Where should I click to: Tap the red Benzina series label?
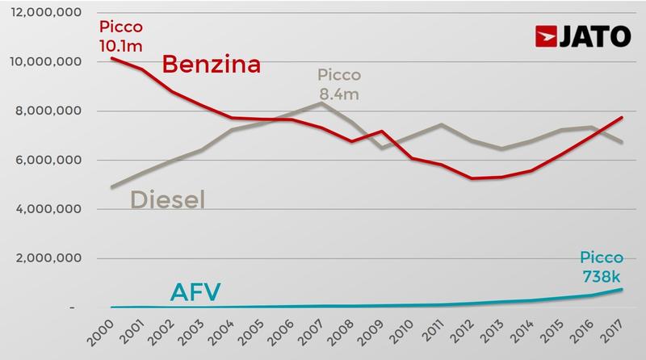(212, 65)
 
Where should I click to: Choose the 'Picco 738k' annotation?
(602, 267)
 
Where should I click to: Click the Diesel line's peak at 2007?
(322, 103)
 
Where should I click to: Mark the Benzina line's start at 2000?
(113, 58)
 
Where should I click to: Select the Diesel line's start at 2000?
(113, 187)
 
